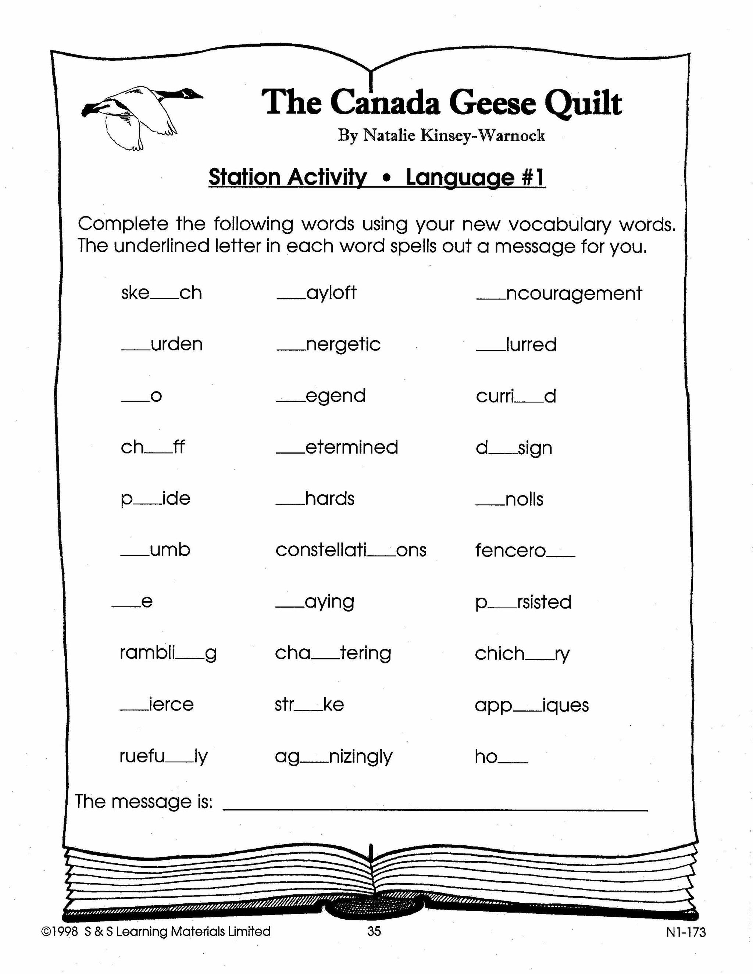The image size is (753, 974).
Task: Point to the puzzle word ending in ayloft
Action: [x=317, y=293]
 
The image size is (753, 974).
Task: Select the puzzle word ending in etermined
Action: [x=337, y=447]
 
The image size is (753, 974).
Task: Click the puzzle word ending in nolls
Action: [x=510, y=499]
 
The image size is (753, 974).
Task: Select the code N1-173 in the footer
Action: [x=686, y=932]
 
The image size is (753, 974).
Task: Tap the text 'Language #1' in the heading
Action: [x=475, y=177]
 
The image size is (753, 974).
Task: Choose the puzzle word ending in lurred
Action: [x=516, y=345]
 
